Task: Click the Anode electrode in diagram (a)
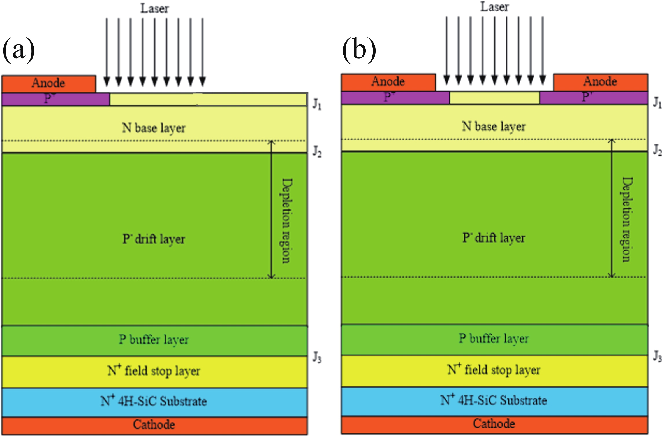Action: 48,83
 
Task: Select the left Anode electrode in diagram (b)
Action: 388,82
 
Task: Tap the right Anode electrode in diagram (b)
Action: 600,82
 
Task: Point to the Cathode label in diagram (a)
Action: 154,425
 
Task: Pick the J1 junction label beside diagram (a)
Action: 317,105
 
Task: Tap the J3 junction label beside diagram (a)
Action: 317,358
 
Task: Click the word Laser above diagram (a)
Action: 154,8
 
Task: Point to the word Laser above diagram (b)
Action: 494,7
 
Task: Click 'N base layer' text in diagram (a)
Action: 154,128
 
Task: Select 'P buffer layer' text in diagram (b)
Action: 494,339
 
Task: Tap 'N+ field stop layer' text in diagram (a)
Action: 154,371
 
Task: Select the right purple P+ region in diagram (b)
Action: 594,98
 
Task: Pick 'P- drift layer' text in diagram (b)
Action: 494,238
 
